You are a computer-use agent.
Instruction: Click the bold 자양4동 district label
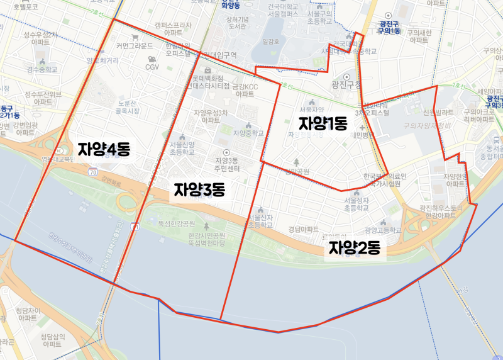pos(104,149)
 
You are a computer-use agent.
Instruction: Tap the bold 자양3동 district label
pos(199,189)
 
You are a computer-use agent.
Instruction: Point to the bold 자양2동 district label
pos(355,247)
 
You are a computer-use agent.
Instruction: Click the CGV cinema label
pos(152,67)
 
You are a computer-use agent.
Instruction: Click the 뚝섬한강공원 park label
pos(175,223)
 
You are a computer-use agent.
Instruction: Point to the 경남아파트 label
pos(304,229)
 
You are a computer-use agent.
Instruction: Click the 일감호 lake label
pos(270,42)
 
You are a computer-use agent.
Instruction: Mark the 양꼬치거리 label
pos(102,60)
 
